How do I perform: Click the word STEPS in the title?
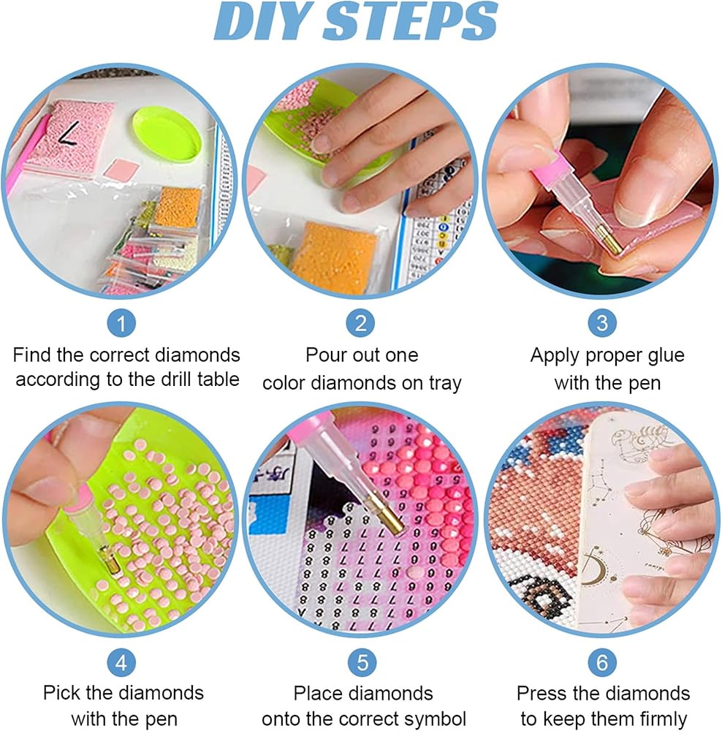coord(411,21)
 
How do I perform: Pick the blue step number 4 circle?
coord(121,662)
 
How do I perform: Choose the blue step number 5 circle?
coord(362,662)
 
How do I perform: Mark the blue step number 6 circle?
coord(602,662)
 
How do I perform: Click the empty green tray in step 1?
coord(167,134)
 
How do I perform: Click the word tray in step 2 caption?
coord(444,384)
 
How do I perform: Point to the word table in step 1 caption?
coord(218,379)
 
